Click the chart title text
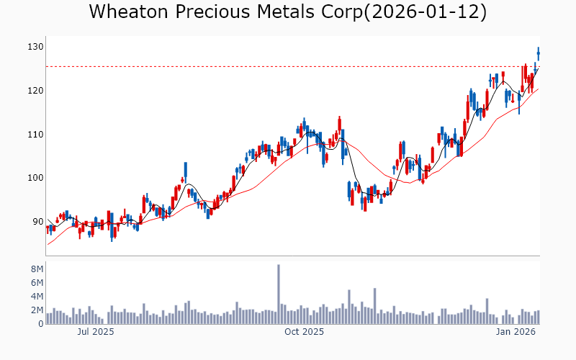tap(288, 12)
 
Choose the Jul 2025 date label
tap(96, 333)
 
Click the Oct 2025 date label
tap(305, 333)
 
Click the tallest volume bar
tap(279, 294)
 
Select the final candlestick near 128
tap(538, 54)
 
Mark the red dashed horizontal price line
tap(288, 67)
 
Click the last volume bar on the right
tap(538, 318)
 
